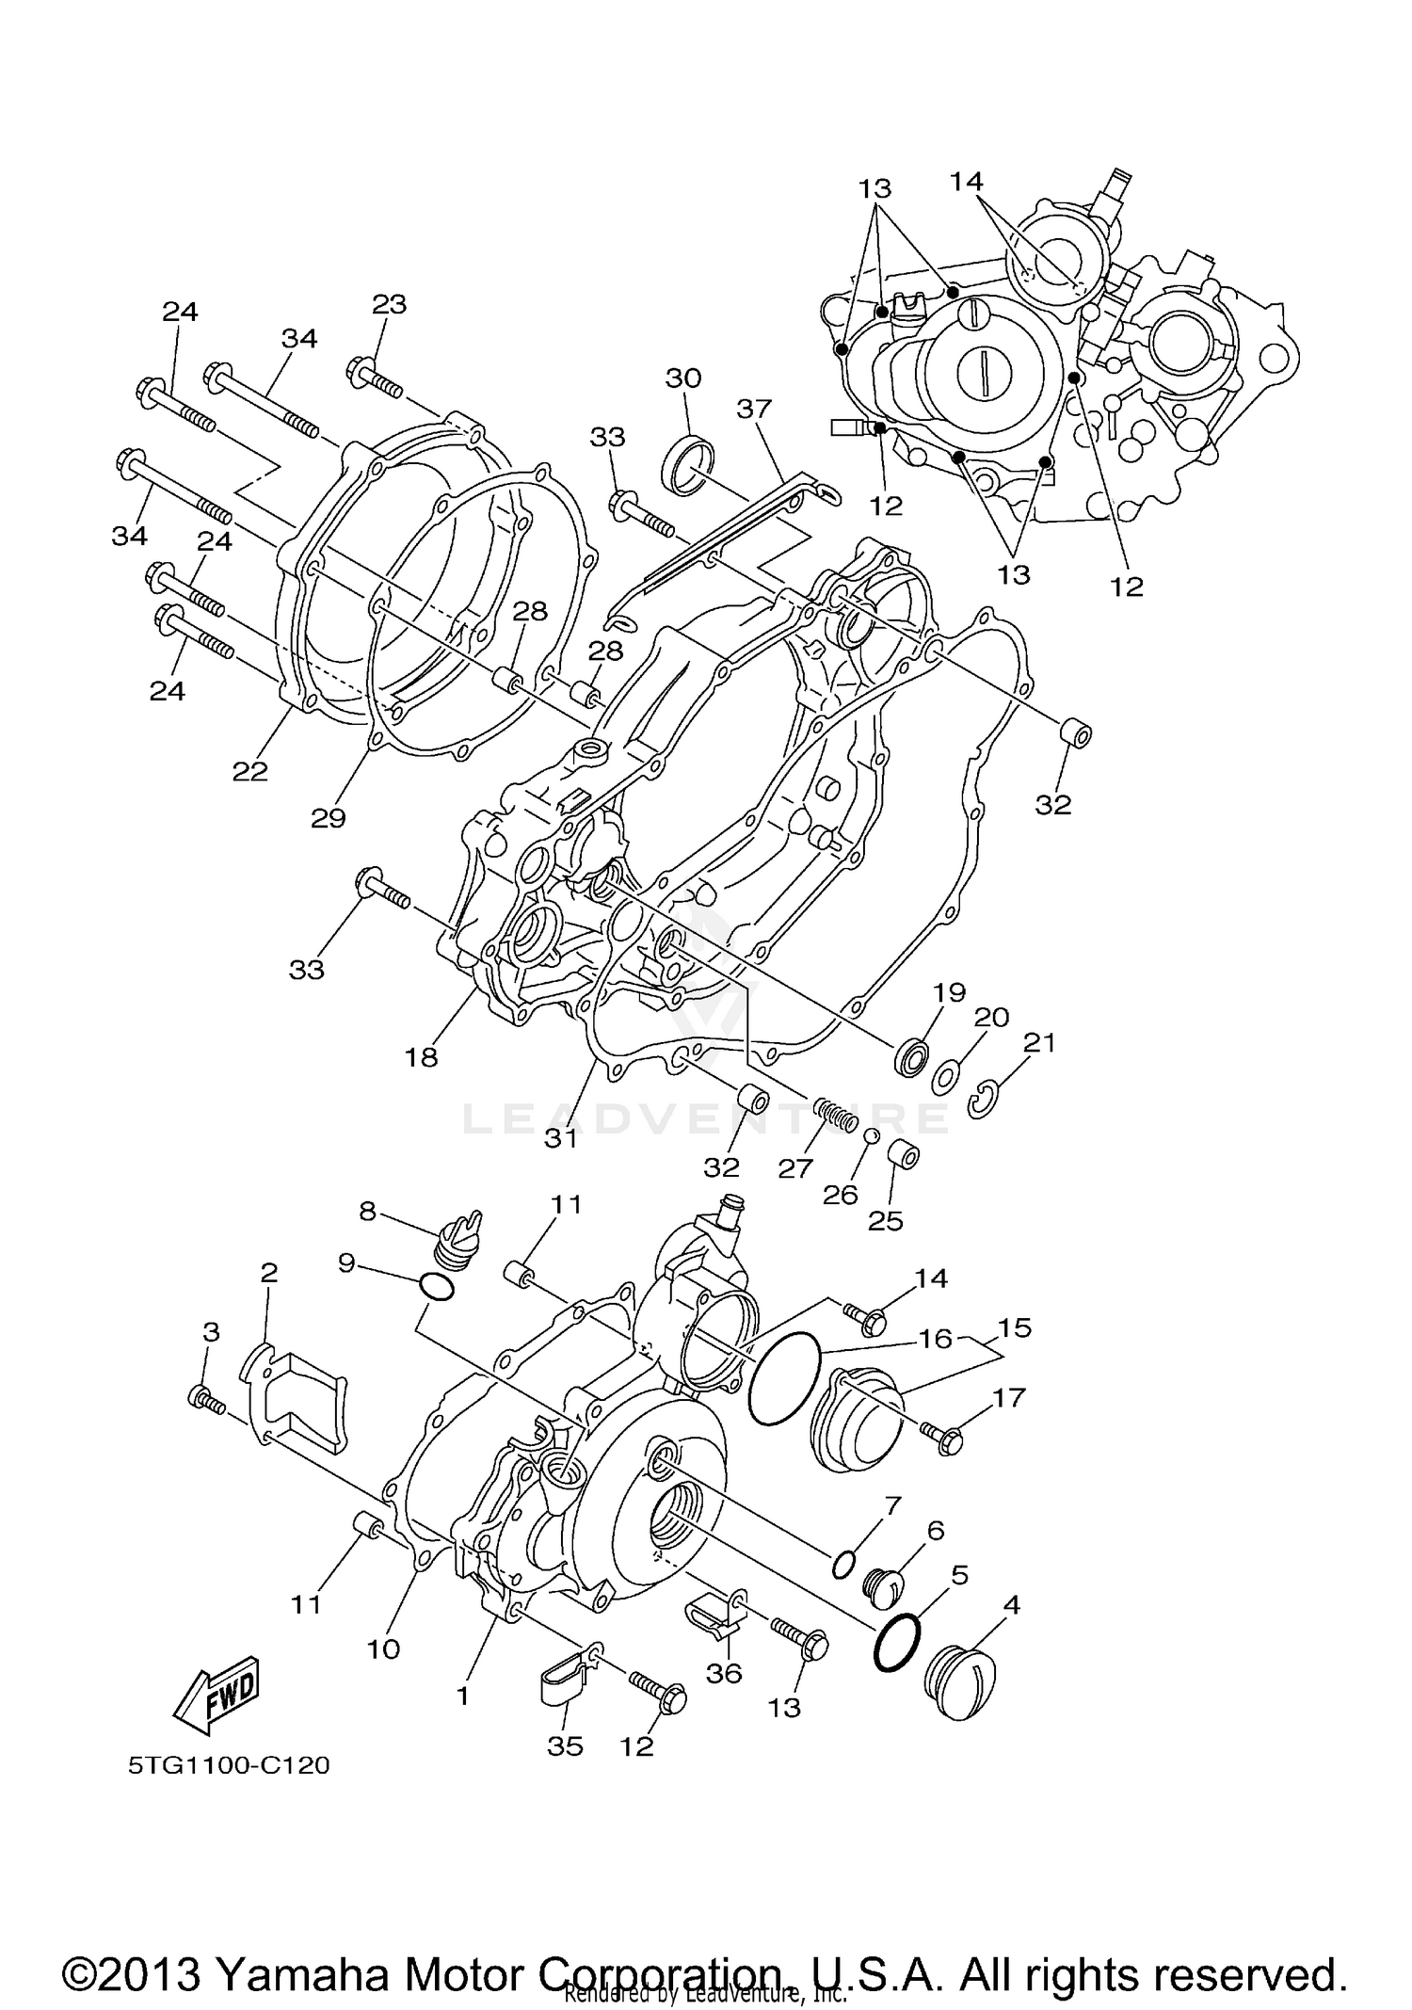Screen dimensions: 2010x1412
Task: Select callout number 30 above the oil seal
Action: [x=683, y=378]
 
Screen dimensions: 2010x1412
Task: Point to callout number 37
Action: [x=754, y=409]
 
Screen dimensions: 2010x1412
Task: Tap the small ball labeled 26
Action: [x=873, y=1135]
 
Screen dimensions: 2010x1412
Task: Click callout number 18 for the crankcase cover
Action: [x=422, y=1057]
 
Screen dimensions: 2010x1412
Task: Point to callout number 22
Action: [x=250, y=771]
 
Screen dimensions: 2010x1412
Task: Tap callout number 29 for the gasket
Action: [x=329, y=818]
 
